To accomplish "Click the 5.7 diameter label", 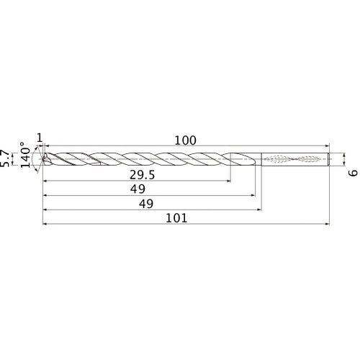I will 6,158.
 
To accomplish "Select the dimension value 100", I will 185,140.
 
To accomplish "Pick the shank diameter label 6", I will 352,174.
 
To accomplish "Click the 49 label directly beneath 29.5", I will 139,189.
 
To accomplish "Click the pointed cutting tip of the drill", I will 43,158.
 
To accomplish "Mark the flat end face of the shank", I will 330,158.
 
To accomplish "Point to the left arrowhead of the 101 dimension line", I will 45,223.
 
